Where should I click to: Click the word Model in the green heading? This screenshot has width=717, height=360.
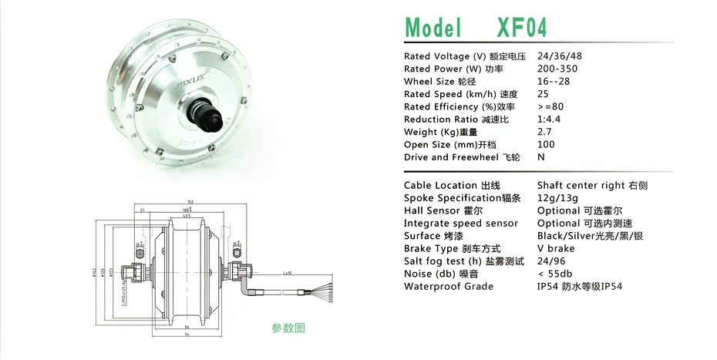pos(433,28)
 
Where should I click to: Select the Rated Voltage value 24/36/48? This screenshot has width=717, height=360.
pos(560,56)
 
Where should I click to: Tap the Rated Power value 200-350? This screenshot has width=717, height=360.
pos(557,69)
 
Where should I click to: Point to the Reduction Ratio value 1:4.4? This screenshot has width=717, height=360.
pos(550,119)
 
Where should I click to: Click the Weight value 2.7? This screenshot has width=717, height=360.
pos(544,132)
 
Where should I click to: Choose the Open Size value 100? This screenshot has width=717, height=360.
pos(545,144)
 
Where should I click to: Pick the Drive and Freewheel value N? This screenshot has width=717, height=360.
pos(540,157)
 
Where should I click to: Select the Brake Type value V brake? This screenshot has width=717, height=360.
pos(555,248)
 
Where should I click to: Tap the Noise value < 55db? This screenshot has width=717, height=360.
pos(557,274)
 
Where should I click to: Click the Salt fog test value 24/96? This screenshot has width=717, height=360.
pos(551,261)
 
